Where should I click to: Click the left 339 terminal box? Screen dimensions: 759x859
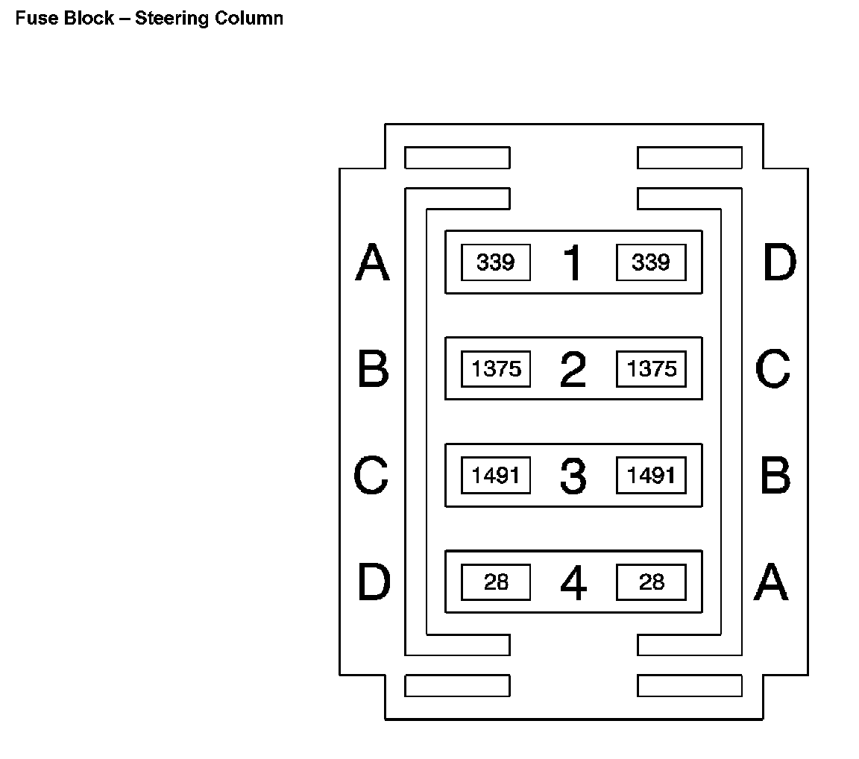[496, 262]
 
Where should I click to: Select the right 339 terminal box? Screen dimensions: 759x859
[651, 262]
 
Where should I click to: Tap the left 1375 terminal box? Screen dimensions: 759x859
[496, 369]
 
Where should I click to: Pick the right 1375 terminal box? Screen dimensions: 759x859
[651, 369]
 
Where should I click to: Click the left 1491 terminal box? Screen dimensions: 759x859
[496, 476]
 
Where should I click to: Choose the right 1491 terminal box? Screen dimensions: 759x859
[651, 476]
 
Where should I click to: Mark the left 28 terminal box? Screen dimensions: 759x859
[496, 582]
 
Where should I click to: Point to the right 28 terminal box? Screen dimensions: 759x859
[651, 582]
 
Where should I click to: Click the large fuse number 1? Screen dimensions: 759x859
[573, 263]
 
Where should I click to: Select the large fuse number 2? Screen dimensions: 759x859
[573, 370]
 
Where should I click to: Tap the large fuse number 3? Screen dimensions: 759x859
[573, 476]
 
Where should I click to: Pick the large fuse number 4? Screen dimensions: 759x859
[573, 583]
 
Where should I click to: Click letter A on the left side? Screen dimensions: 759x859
[372, 263]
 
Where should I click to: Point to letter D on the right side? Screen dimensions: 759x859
[779, 263]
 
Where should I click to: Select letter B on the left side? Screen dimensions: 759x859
[373, 370]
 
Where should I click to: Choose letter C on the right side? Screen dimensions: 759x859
[773, 370]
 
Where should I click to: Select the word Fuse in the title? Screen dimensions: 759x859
[32, 19]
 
